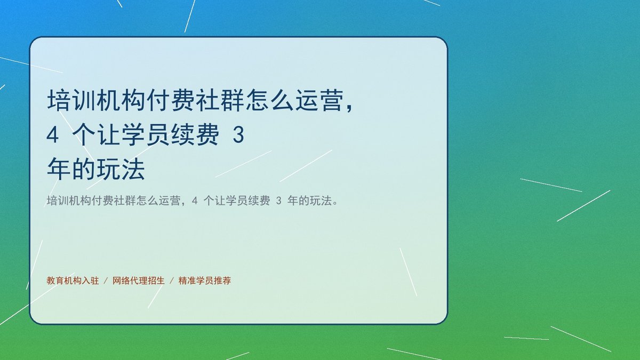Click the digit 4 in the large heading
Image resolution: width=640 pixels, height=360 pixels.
(53, 135)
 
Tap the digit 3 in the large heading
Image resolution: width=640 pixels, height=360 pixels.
(238, 135)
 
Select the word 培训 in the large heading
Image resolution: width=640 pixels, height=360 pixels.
(71, 100)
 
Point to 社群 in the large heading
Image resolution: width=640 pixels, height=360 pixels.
(220, 100)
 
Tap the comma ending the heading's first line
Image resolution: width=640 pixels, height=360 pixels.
(350, 108)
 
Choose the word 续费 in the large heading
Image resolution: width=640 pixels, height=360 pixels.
(195, 135)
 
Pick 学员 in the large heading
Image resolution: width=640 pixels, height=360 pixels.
(146, 135)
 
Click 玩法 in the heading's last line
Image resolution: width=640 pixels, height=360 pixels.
(121, 170)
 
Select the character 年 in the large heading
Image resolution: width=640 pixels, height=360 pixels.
(59, 170)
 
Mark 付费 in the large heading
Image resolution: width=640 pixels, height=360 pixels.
(171, 100)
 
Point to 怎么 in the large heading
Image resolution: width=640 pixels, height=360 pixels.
(270, 100)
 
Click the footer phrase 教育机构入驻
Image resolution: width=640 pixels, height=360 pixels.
(73, 281)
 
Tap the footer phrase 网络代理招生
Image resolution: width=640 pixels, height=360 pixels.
(139, 281)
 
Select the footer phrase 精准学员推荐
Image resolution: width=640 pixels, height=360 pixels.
(205, 281)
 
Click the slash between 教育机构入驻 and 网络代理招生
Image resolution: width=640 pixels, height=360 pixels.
(106, 281)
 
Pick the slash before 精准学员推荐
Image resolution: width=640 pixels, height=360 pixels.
(172, 281)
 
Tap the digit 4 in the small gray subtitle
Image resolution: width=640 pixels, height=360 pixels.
(195, 201)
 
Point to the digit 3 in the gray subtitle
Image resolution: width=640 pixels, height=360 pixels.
(279, 201)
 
